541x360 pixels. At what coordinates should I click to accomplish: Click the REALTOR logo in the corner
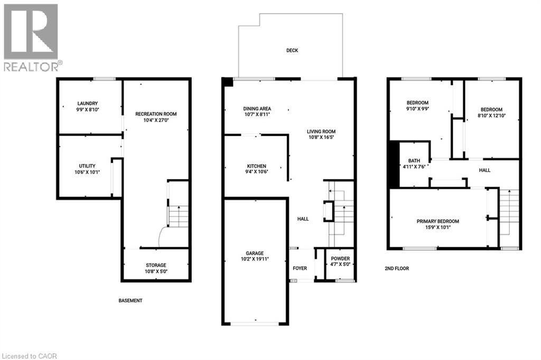pos(31,37)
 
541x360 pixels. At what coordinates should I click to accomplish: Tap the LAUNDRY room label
pos(88,104)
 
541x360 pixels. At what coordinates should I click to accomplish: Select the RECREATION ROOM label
pos(156,114)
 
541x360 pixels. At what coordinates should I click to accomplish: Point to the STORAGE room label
pos(156,265)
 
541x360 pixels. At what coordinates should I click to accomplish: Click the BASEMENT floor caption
pos(130,301)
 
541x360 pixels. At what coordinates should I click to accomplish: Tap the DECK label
pos(292,51)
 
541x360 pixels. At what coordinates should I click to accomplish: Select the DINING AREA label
pos(257,108)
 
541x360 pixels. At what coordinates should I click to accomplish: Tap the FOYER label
pos(300,269)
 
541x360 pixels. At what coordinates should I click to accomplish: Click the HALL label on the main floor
pos(303,218)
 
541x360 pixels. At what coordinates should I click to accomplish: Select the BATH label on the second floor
pos(414,161)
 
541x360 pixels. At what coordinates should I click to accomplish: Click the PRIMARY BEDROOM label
pos(437,221)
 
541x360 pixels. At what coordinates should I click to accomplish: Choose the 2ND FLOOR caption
pos(397,269)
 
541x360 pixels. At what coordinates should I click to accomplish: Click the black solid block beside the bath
pos(394,164)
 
